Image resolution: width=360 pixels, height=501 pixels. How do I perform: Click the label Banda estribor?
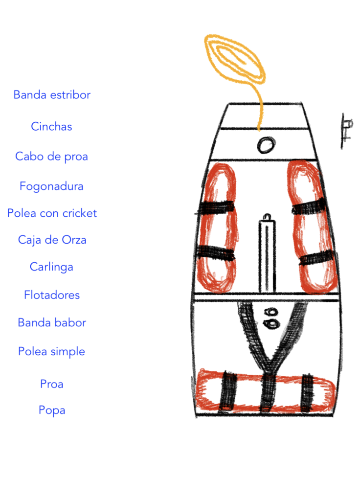click(52, 94)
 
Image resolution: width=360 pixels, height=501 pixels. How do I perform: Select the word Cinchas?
click(51, 126)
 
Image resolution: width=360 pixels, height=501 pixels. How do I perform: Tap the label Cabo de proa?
click(51, 157)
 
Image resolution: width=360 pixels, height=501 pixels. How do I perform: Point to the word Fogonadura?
click(51, 186)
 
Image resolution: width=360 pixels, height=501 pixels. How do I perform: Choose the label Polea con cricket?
click(52, 213)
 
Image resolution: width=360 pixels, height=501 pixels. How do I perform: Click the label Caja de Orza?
click(52, 240)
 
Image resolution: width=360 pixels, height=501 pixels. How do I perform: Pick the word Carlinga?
click(51, 267)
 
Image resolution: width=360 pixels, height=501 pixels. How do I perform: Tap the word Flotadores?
click(52, 295)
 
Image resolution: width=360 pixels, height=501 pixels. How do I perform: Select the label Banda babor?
click(52, 322)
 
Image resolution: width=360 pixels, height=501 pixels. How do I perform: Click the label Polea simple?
click(51, 351)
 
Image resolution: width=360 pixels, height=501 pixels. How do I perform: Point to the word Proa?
click(51, 384)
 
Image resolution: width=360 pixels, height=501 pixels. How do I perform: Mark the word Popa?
click(52, 410)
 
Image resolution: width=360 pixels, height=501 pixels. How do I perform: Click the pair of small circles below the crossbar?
click(271, 319)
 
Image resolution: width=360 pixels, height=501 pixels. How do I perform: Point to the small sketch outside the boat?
click(346, 131)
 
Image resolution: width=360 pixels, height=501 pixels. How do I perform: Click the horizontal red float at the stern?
click(265, 391)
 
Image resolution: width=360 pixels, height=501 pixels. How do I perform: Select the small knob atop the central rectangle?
click(268, 217)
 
